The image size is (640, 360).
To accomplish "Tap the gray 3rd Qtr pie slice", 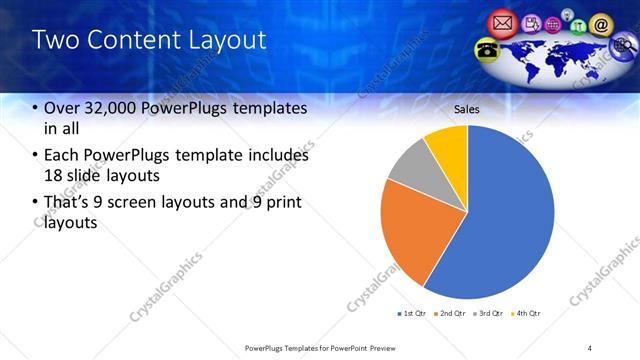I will [x=410, y=167].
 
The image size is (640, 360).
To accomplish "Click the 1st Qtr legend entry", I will [x=412, y=314].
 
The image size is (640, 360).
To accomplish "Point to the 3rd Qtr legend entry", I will [x=490, y=314].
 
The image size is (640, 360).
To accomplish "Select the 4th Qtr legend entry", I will [x=527, y=314].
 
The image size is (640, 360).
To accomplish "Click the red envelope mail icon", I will [x=503, y=22].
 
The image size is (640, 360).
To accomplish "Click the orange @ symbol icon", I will [x=601, y=24].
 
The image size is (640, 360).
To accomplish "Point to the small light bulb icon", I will [x=566, y=15].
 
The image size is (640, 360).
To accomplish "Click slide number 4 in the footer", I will [x=590, y=347].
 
